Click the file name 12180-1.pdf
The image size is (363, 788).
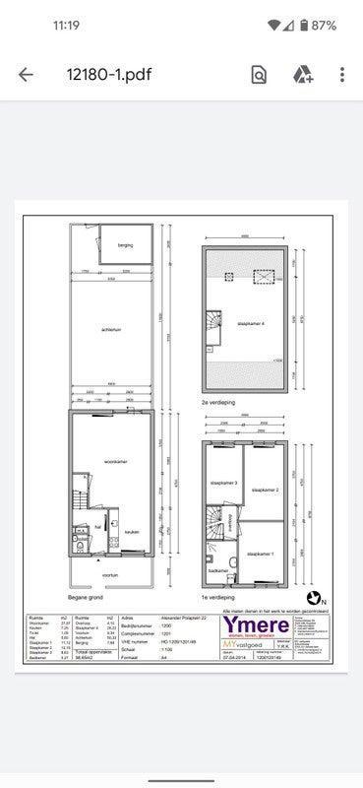coord(108,75)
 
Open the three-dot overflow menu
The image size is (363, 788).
coord(341,75)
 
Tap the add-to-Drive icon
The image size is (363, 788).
coord(301,75)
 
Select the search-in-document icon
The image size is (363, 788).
coord(259,75)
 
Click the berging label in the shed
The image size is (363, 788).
coord(125,244)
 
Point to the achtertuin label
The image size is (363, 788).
coord(110,330)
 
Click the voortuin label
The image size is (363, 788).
coord(110,577)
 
